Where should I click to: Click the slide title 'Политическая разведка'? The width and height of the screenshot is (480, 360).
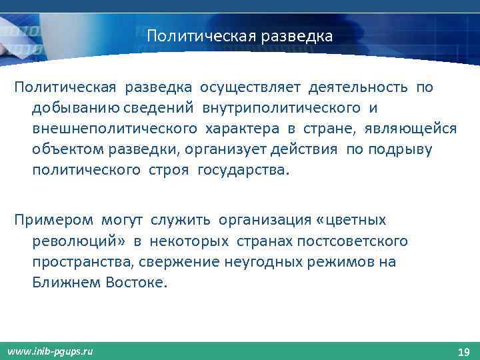point(239,34)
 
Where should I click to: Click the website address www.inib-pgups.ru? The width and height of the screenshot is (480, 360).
point(51,351)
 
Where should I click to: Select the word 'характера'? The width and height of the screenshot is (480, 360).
point(230,128)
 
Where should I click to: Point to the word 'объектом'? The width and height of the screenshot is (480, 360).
point(63,149)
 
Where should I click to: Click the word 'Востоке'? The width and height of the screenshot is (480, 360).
point(137,282)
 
